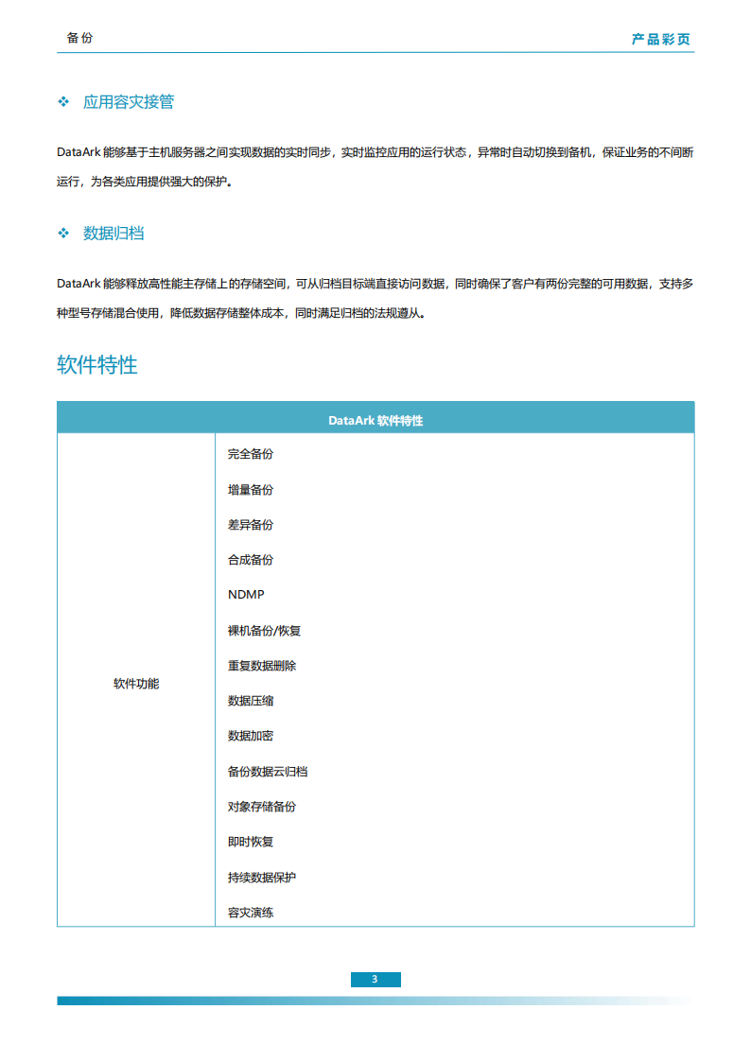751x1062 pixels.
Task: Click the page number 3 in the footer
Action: pyautogui.click(x=375, y=979)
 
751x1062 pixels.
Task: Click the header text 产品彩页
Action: pyautogui.click(x=661, y=40)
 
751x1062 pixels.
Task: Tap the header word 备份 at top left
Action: pyautogui.click(x=80, y=39)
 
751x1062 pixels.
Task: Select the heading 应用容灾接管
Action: pyautogui.click(x=129, y=101)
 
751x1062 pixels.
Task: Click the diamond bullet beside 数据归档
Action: pyautogui.click(x=64, y=233)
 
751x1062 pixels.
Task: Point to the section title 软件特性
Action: pyautogui.click(x=97, y=365)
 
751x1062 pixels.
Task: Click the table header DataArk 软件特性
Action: pyautogui.click(x=375, y=421)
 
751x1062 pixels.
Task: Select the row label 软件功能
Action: pyautogui.click(x=136, y=684)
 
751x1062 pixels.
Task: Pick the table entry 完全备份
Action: pyautogui.click(x=251, y=454)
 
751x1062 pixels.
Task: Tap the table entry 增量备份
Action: pyautogui.click(x=251, y=490)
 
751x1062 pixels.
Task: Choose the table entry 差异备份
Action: pyautogui.click(x=251, y=525)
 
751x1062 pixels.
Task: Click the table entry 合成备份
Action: pyautogui.click(x=251, y=560)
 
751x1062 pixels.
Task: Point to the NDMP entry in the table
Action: pyautogui.click(x=246, y=595)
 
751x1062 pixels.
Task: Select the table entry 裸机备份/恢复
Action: pyautogui.click(x=264, y=631)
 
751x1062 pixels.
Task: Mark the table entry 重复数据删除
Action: pyautogui.click(x=262, y=666)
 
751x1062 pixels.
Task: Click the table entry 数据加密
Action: pyautogui.click(x=251, y=736)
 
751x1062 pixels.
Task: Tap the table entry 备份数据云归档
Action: pyautogui.click(x=268, y=772)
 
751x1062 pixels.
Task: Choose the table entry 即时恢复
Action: pyautogui.click(x=251, y=842)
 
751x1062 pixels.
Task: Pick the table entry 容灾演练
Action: pyautogui.click(x=251, y=913)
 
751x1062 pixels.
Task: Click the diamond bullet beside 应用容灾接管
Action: pyautogui.click(x=64, y=101)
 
